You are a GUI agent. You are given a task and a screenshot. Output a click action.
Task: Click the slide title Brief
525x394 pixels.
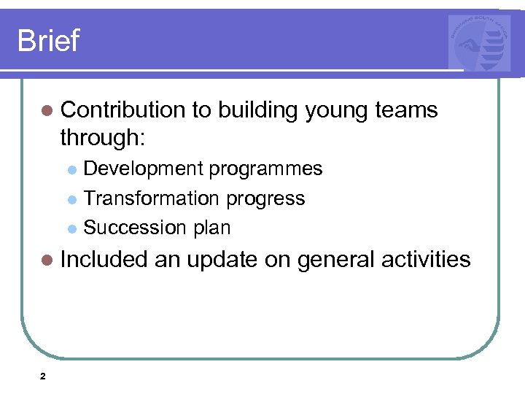click(x=48, y=40)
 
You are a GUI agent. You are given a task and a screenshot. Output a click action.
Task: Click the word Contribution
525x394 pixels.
click(x=123, y=110)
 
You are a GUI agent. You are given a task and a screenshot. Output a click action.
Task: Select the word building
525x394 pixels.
click(x=257, y=111)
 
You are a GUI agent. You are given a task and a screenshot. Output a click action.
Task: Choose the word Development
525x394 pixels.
click(x=144, y=169)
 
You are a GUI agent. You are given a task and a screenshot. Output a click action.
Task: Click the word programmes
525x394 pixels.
click(x=265, y=169)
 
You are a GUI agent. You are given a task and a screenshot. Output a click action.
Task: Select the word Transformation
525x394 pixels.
click(x=152, y=198)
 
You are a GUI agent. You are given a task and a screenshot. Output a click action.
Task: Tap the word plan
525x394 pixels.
click(x=212, y=228)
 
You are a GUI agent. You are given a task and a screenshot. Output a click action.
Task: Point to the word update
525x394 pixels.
click(x=222, y=259)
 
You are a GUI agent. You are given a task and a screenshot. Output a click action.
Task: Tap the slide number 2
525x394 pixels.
click(x=42, y=376)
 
